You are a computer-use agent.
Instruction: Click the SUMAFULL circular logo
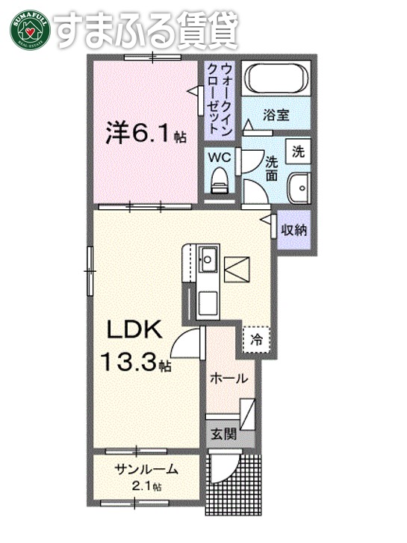(30, 29)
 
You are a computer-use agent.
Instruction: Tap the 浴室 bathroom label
(276, 115)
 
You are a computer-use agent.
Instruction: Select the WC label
(219, 158)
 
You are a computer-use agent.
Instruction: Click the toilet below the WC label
(220, 179)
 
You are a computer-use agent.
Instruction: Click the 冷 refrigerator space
(256, 338)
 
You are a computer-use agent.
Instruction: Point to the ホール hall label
(228, 379)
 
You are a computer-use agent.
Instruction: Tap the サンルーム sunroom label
(146, 470)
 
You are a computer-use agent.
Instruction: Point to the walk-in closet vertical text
(220, 97)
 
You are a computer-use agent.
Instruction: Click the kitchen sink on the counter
(208, 259)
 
